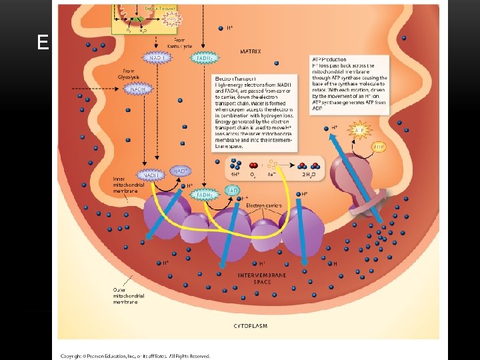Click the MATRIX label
pos(250,51)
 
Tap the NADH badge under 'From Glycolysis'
pos(139,89)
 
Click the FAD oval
pos(232,191)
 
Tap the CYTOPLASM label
pos(250,325)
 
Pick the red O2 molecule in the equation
pos(253,165)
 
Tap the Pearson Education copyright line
pos(135,356)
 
